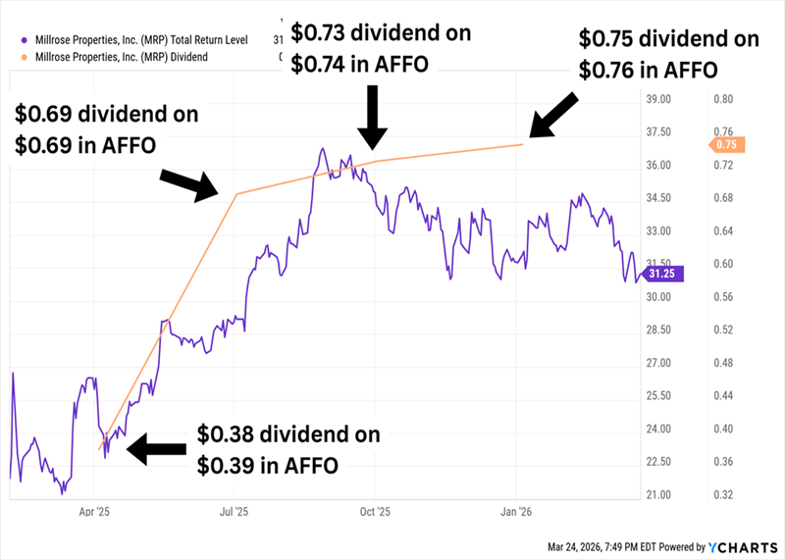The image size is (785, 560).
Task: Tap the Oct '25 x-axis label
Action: [374, 512]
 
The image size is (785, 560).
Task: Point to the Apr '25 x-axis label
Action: [94, 512]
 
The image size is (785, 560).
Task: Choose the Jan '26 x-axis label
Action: [516, 512]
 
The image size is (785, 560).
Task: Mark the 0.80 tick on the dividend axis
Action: [723, 99]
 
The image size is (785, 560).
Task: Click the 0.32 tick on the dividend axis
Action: [723, 494]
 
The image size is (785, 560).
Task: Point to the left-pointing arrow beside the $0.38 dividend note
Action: [156, 448]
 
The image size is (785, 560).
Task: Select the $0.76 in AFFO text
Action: [648, 70]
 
